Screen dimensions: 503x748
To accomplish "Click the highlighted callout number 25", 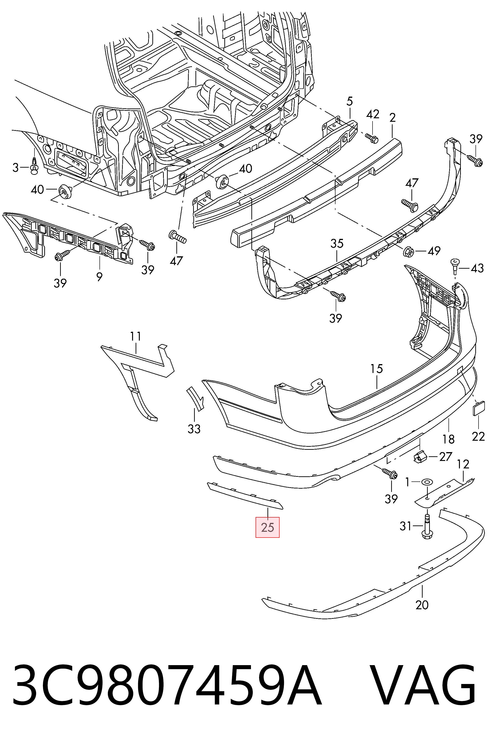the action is click(x=267, y=527).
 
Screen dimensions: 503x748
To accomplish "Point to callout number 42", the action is click(x=373, y=114).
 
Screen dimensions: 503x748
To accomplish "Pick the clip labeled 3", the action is click(x=34, y=167).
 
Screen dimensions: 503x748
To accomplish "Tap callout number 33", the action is click(x=194, y=429).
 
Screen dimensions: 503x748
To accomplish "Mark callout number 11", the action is click(x=135, y=336).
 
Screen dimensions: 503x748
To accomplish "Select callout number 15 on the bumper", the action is click(x=376, y=369).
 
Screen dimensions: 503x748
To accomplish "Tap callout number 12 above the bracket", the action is click(x=463, y=464).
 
